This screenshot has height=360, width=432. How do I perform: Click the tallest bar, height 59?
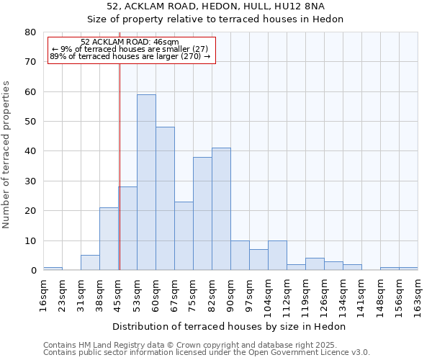(x=146, y=182)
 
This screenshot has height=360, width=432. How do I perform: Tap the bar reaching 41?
(x=221, y=209)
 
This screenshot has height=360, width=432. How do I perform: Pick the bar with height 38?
(x=202, y=213)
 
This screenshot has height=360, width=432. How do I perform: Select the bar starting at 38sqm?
(x=109, y=239)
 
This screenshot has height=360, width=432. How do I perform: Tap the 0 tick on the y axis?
(x=32, y=271)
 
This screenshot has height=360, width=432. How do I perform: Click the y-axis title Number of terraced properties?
(x=7, y=154)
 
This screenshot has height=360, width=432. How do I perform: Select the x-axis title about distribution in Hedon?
(x=230, y=326)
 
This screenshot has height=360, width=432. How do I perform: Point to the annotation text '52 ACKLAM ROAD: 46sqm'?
(x=130, y=42)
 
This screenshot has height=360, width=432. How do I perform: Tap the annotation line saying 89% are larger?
(x=130, y=56)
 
